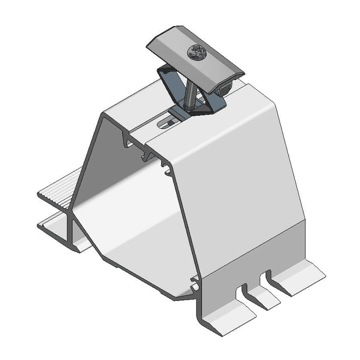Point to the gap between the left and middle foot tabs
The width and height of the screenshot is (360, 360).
[244, 296]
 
